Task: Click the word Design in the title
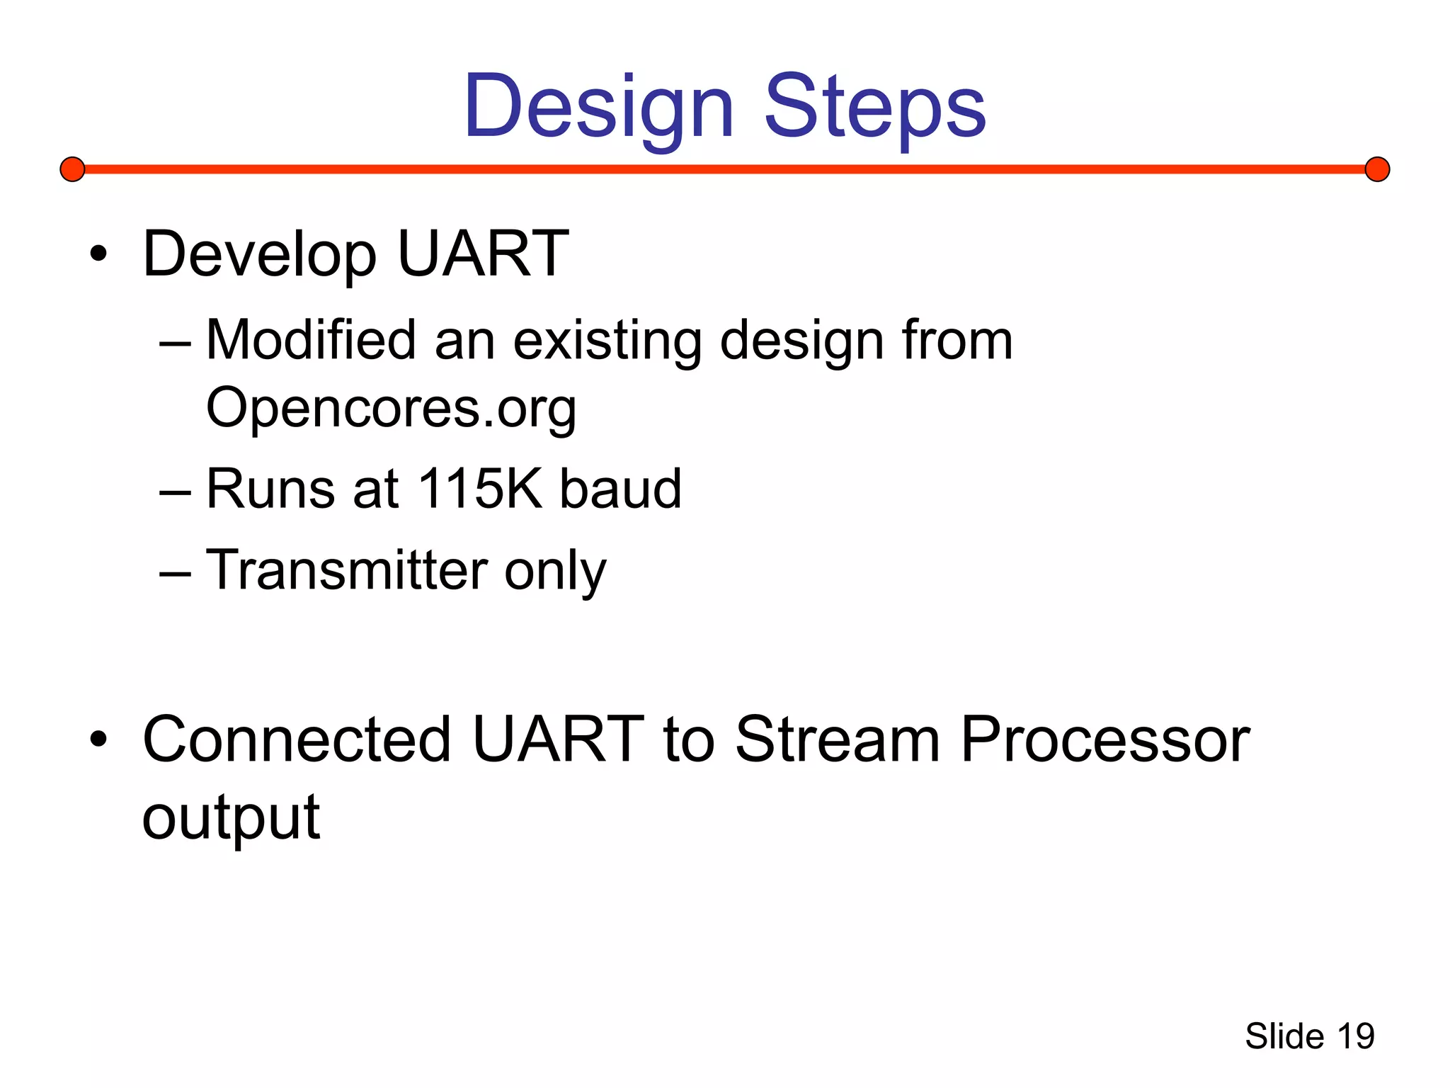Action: click(598, 106)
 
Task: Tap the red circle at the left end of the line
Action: click(72, 169)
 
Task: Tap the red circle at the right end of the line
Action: click(1377, 169)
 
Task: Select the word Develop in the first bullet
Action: click(259, 255)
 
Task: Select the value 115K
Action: click(479, 489)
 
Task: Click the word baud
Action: click(620, 489)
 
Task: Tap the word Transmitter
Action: click(347, 569)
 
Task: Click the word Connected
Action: click(297, 739)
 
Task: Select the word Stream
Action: click(838, 739)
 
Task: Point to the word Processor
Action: click(1104, 739)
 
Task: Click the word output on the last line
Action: click(231, 819)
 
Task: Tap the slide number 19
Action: click(1355, 1036)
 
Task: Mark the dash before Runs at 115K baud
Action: click(175, 490)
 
